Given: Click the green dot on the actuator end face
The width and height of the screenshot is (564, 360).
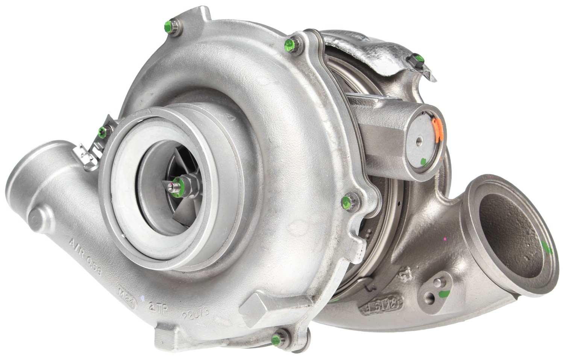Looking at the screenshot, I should pos(423,162).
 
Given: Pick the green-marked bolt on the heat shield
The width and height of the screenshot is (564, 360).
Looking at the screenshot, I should pos(417,59).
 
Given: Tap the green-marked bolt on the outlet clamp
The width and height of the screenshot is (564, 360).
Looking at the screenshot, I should pos(102,131).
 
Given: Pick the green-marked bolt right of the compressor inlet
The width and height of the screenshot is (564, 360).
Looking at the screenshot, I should pos(347,201).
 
